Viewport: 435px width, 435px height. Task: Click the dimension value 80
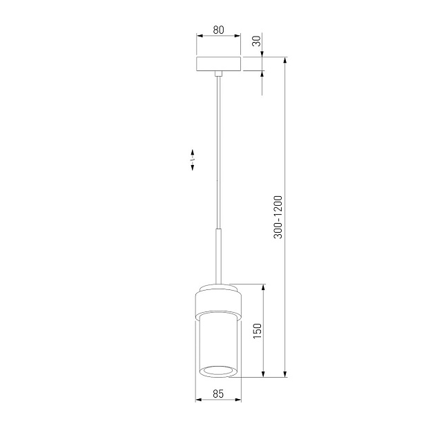pos(218,30)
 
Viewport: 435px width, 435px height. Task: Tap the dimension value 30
pos(258,41)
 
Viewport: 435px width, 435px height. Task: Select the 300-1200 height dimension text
pos(278,217)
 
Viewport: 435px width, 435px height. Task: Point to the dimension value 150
pos(258,331)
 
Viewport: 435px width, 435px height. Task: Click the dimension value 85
pos(218,394)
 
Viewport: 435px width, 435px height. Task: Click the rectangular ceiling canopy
pos(218,64)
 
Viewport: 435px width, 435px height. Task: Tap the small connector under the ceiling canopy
pos(219,73)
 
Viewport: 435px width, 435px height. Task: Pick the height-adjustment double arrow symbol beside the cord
pos(193,159)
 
